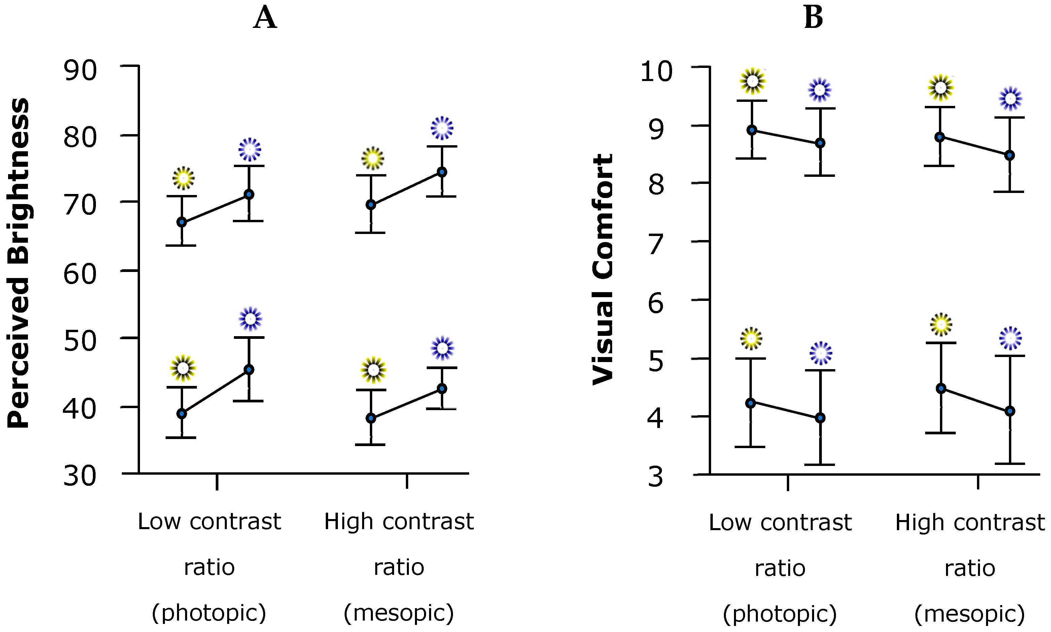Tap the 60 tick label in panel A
click(x=80, y=274)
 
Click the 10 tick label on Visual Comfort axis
click(x=656, y=71)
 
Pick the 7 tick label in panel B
click(x=656, y=244)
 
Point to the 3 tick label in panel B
click(x=656, y=477)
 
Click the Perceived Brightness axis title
click(x=18, y=263)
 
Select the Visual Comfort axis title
click(x=603, y=269)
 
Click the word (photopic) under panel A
click(x=209, y=613)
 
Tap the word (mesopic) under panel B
click(x=970, y=614)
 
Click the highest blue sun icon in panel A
click(x=442, y=128)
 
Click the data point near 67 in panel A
click(x=182, y=222)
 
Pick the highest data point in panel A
click(x=442, y=172)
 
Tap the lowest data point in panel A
click(x=371, y=418)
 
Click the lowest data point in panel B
click(x=820, y=418)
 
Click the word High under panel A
click(x=349, y=522)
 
